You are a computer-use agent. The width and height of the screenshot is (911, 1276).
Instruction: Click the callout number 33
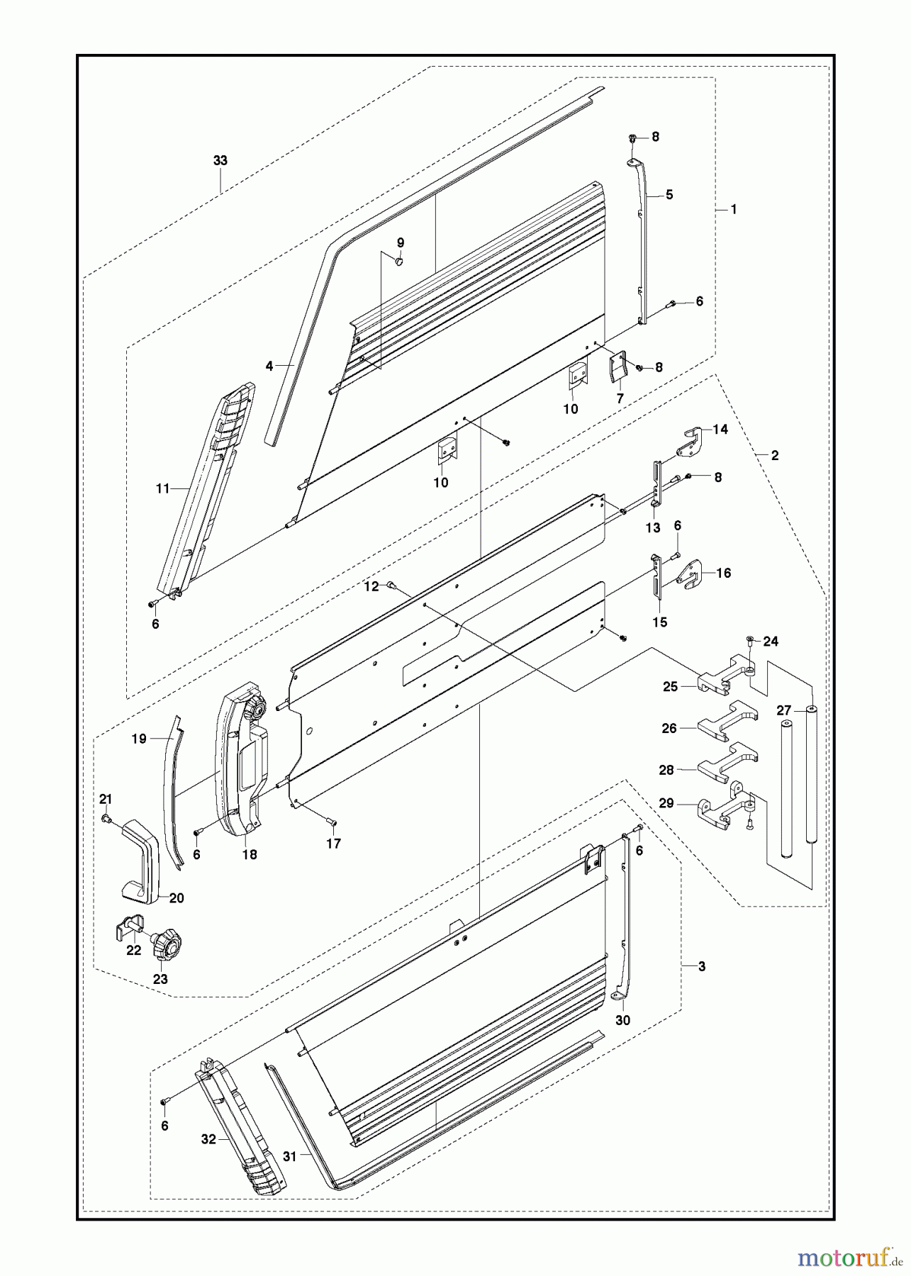[220, 161]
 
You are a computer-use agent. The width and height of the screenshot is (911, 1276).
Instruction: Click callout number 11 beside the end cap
[163, 488]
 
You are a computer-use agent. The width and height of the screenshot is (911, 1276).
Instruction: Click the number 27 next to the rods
[783, 711]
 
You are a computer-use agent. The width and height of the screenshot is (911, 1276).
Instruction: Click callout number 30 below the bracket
[623, 1020]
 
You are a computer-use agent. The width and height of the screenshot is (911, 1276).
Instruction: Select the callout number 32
[208, 1139]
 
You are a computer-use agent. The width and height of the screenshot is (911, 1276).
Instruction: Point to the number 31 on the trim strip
[289, 1155]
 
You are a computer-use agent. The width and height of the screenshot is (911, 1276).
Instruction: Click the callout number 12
[371, 586]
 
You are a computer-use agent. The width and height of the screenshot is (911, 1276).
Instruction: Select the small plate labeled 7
[617, 369]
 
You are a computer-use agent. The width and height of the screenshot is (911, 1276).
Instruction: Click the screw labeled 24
[751, 642]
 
